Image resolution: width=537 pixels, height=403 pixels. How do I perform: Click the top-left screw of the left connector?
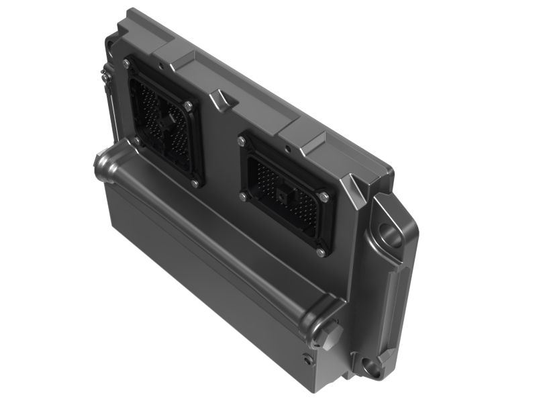click(x=127, y=63)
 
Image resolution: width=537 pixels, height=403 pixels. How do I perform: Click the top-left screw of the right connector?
click(x=242, y=141)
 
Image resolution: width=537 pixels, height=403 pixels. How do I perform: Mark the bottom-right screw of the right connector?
click(x=321, y=253)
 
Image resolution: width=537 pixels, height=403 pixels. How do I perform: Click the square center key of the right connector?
click(x=281, y=196)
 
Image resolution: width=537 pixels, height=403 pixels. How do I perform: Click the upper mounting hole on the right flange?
click(x=390, y=236)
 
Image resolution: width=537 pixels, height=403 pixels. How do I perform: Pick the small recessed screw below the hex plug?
click(x=308, y=360)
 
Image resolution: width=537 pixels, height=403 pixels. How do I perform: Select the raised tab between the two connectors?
click(x=222, y=100)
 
